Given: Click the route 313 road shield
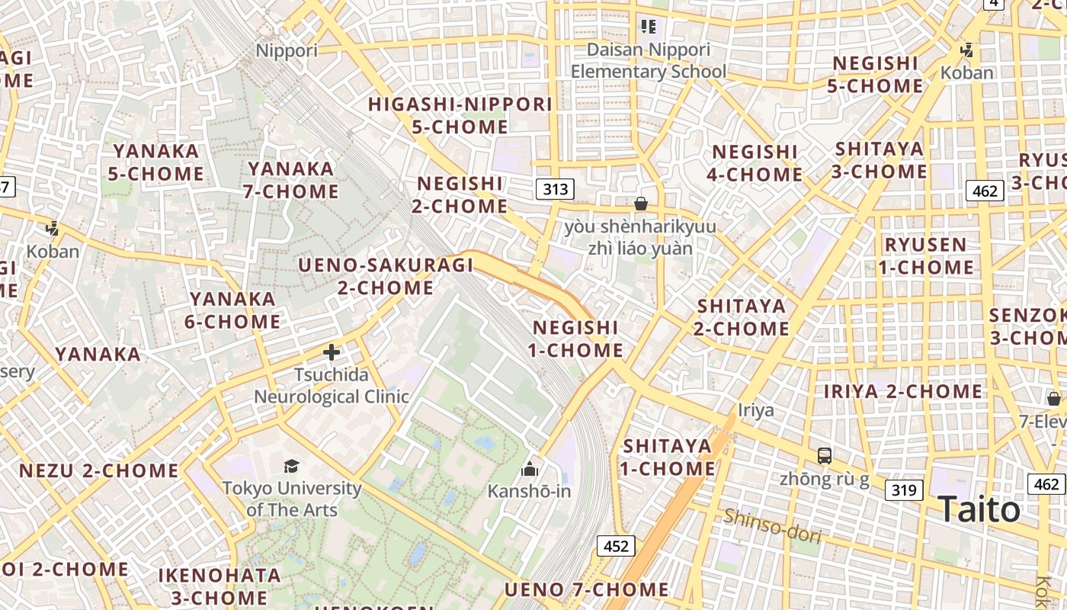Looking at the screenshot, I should [555, 188].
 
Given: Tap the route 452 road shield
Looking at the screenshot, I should [615, 545].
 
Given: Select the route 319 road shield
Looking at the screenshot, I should [904, 490].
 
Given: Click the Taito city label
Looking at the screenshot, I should [979, 509].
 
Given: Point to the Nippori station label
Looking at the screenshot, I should [287, 50].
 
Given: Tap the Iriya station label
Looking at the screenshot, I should [756, 410].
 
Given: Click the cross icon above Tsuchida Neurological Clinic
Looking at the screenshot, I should [332, 352].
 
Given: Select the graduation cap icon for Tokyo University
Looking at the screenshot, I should [291, 466].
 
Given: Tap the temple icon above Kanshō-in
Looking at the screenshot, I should [529, 468].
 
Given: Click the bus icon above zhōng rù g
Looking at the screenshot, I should [824, 456].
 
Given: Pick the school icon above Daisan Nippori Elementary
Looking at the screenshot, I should [649, 27].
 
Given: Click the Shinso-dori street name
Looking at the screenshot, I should [773, 526].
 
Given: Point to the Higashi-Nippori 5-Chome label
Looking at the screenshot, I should [460, 115].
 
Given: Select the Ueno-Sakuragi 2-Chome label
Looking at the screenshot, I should [386, 276].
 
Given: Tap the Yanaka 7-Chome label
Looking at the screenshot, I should [291, 179].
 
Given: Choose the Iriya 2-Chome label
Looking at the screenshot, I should [903, 391].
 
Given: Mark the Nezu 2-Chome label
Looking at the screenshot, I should [99, 470].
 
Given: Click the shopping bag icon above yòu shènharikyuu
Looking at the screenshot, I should [641, 204].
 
